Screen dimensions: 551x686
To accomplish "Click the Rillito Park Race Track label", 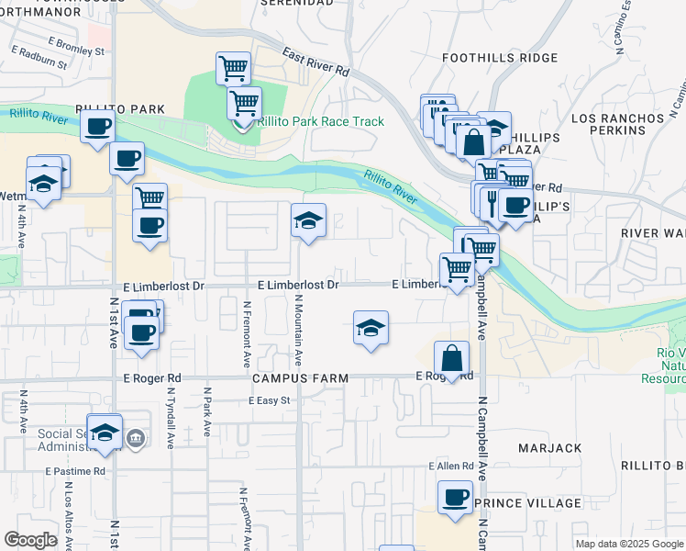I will click(320, 121).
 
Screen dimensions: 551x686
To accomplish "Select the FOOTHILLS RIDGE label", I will click(499, 57).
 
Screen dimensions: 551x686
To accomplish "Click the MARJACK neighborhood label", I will click(549, 448).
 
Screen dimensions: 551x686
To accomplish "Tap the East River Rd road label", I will click(316, 63).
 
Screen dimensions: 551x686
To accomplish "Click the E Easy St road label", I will click(269, 400).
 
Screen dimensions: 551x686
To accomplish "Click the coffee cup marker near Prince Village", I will click(455, 499).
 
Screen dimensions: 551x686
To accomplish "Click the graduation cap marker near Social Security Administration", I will click(105, 433).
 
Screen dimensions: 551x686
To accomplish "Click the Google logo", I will click(30, 540).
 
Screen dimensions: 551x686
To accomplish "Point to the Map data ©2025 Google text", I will click(628, 544).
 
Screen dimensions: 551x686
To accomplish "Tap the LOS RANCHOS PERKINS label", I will click(617, 125).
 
